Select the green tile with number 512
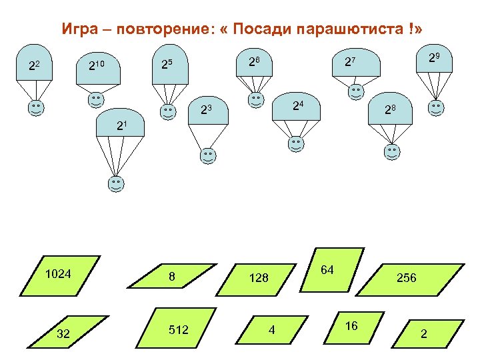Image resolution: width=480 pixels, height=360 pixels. point(178,329)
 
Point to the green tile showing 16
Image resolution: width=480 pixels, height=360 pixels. point(352,326)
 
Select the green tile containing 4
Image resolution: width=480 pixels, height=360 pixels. point(272,330)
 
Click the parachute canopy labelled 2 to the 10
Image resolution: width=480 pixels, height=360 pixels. point(98,67)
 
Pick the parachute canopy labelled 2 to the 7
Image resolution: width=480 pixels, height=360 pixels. point(349,63)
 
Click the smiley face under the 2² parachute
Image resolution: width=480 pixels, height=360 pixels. point(36,107)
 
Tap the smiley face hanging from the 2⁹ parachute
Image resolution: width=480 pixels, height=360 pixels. point(437,107)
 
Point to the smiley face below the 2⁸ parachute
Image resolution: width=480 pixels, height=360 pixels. point(393,152)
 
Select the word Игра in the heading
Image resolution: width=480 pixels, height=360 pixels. point(77,29)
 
